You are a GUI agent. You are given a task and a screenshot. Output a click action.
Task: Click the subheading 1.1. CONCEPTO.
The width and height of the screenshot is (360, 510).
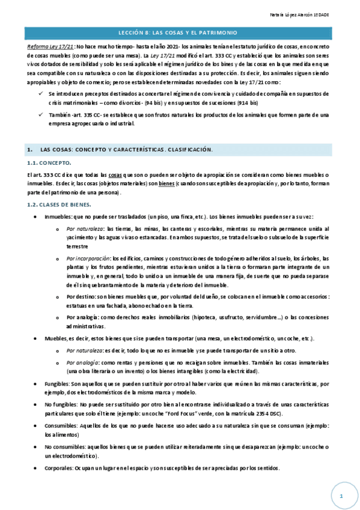pyautogui.click(x=49, y=163)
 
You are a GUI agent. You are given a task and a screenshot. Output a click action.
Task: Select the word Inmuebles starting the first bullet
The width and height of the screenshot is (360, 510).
pyautogui.click(x=58, y=217)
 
